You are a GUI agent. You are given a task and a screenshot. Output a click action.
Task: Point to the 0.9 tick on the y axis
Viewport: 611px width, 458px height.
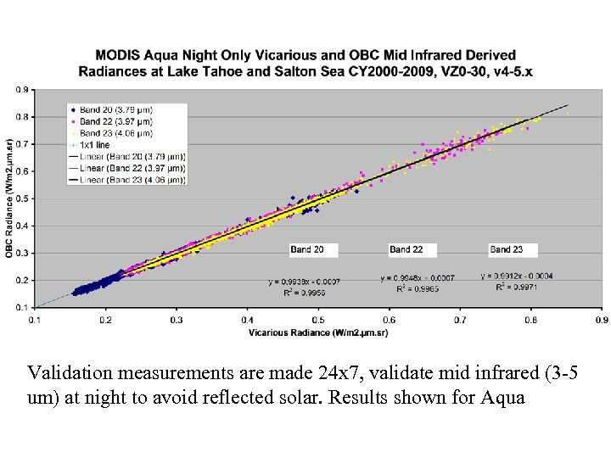(23, 89)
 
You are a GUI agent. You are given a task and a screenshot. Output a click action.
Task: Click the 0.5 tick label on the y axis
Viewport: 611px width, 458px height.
(23, 198)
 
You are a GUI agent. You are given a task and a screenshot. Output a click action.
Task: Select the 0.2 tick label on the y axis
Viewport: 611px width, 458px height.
(23, 280)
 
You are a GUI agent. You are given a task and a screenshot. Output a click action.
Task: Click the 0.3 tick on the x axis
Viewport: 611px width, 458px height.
(176, 321)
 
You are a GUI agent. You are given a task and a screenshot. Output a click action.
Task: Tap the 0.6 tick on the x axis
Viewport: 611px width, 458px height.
(389, 321)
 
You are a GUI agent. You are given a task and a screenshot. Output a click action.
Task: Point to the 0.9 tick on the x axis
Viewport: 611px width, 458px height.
(600, 321)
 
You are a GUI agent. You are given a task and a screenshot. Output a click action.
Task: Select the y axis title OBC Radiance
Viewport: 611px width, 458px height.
(8, 199)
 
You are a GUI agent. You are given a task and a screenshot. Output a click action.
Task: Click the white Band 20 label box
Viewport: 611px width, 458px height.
(313, 249)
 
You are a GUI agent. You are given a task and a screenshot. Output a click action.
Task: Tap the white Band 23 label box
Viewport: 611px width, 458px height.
(513, 249)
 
